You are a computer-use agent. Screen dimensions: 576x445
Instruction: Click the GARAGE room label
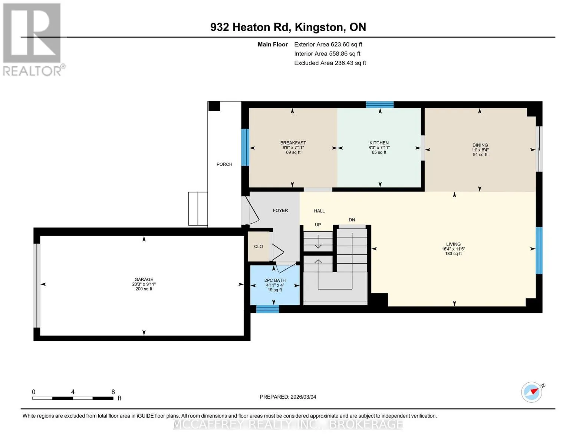pos(144,279)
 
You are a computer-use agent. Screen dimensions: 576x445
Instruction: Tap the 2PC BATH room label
pos(274,280)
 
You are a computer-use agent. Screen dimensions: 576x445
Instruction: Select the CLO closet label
pos(259,247)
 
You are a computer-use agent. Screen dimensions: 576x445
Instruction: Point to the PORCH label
pos(224,164)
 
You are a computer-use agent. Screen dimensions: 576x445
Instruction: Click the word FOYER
pos(280,210)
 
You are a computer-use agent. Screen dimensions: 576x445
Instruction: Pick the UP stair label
pos(318,225)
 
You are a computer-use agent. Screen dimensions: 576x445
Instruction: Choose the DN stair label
pos(352,220)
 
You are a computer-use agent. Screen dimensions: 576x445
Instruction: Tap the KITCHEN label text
pos(379,143)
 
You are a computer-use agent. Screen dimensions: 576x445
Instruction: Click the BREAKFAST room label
pos(293,143)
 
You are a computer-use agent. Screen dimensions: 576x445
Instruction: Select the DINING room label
pos(480,145)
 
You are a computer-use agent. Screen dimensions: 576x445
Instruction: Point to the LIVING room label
pos(453,244)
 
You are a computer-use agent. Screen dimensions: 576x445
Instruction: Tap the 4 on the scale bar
pos(73,392)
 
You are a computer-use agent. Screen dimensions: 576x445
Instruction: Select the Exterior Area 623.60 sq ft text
pos(328,44)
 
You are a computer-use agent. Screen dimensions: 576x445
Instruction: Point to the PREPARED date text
pos(288,397)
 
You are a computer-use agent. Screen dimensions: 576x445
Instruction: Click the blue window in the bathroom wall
pos(267,309)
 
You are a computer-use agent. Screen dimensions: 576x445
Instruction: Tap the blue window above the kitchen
pos(379,105)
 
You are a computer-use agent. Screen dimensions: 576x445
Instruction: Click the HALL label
pos(319,211)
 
